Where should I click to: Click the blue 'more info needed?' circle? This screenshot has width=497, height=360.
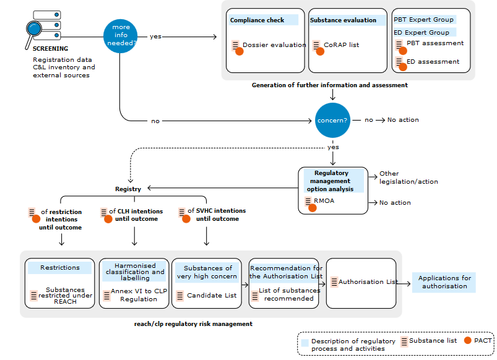click(120, 36)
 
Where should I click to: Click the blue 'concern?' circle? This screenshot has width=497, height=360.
click(333, 120)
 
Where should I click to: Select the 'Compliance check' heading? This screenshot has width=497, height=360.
click(257, 20)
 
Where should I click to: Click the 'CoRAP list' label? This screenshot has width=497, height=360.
click(341, 45)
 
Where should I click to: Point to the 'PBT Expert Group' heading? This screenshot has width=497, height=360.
click(424, 20)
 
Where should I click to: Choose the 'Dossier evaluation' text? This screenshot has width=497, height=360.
click(274, 45)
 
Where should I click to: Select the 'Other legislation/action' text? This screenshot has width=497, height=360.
click(408, 178)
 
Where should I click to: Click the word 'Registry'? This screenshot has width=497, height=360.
click(128, 189)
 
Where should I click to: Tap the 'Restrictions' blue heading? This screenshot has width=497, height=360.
click(60, 268)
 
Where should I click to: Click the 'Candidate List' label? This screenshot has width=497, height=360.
click(212, 296)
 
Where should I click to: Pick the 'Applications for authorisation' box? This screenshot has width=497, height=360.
click(444, 282)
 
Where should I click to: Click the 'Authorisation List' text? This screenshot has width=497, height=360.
click(368, 282)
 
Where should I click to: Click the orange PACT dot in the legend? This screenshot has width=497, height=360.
click(468, 340)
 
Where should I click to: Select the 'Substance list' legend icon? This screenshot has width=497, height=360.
click(404, 341)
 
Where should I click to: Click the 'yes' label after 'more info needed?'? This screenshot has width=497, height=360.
click(155, 36)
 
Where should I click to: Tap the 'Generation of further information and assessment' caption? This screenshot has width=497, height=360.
click(330, 85)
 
